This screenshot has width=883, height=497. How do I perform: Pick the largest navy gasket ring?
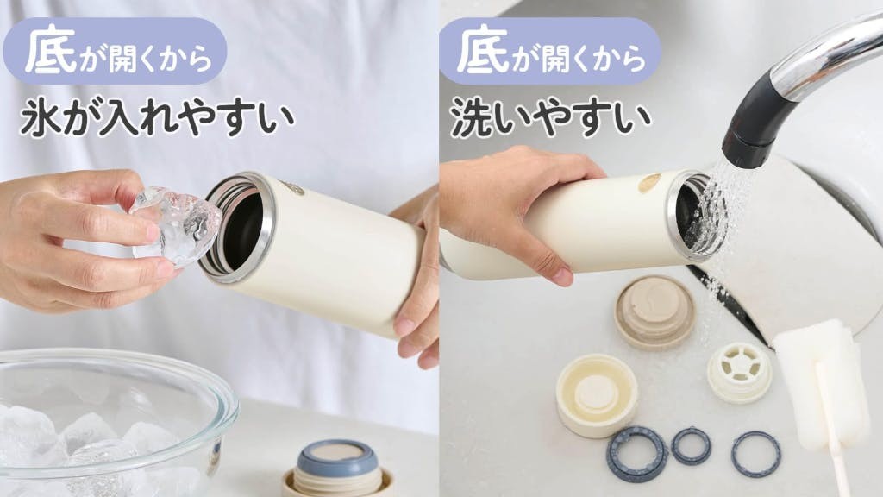tap(636, 454)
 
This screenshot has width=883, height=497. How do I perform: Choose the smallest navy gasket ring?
tap(691, 445)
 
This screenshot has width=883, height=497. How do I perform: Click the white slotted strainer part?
tap(739, 373)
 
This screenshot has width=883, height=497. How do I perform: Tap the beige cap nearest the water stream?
tap(654, 311)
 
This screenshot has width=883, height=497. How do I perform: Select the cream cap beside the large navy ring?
tap(597, 394)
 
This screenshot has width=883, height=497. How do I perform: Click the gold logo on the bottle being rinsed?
tap(649, 183)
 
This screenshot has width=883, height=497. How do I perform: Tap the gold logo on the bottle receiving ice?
tap(294, 187)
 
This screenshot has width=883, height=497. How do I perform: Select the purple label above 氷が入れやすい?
tap(115, 51)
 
